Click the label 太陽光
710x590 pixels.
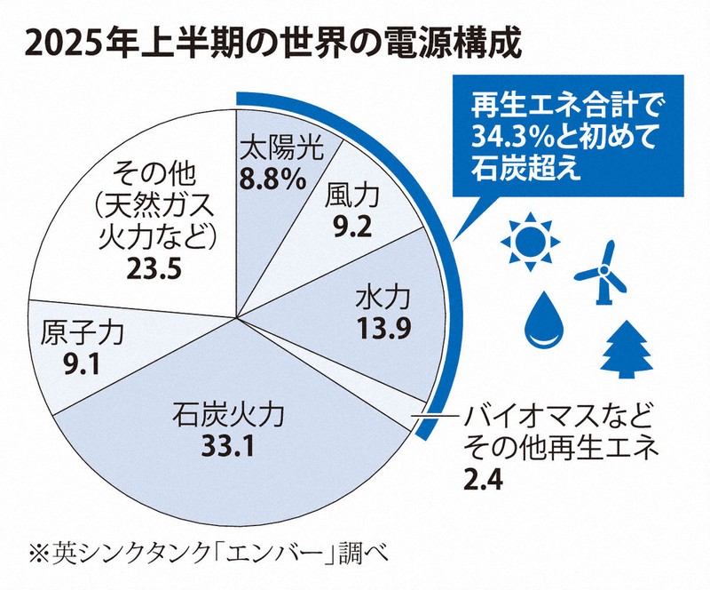pos(272,149)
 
